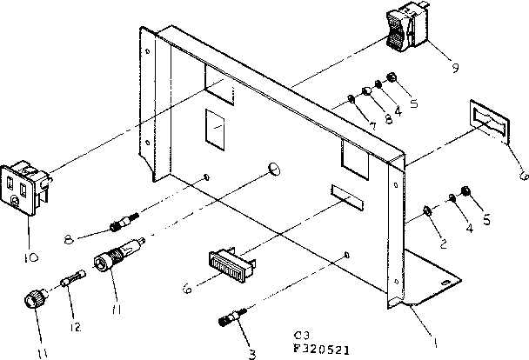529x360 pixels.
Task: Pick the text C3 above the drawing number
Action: point(301,333)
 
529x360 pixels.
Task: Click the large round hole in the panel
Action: point(274,166)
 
